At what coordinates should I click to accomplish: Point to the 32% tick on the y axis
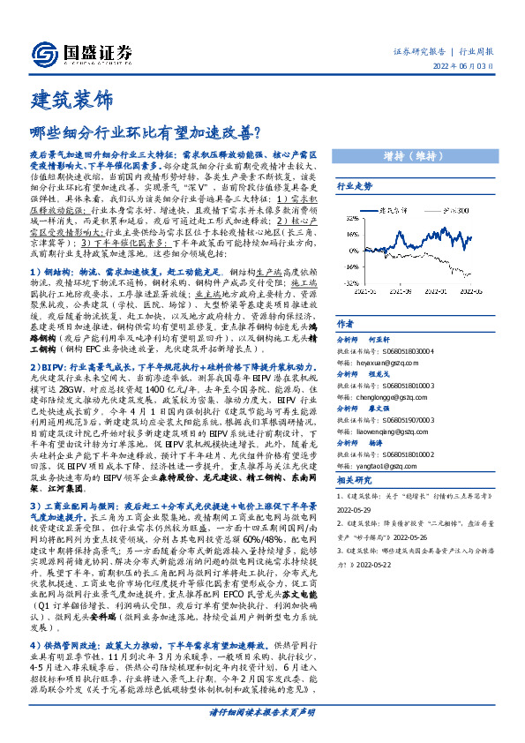click(351, 220)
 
